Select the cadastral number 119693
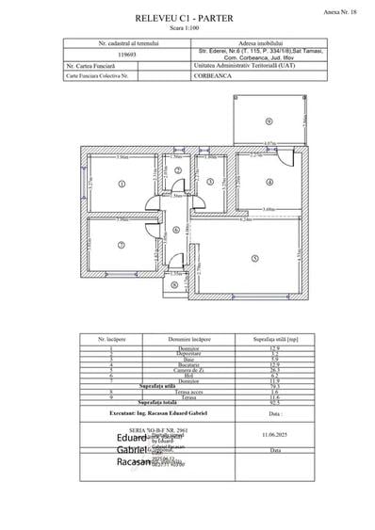(x=112, y=55)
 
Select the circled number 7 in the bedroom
(x=122, y=245)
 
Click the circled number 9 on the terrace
(x=269, y=121)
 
